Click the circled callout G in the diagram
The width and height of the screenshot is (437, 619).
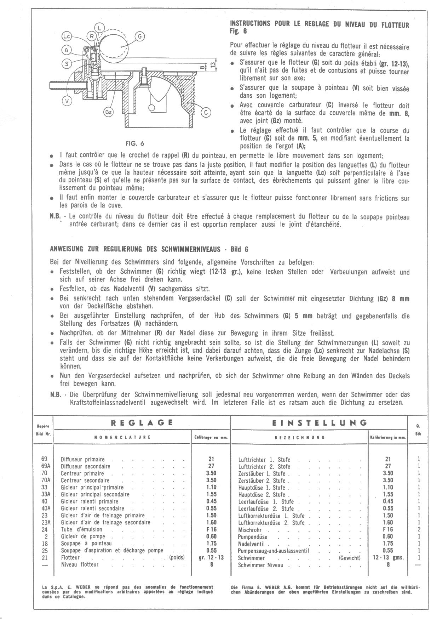(x=139, y=36)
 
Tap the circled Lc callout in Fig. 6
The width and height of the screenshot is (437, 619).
(x=67, y=36)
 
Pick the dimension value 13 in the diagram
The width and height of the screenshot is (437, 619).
(x=212, y=64)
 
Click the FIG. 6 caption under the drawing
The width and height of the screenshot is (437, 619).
(x=135, y=143)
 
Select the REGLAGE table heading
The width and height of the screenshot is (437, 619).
(x=142, y=422)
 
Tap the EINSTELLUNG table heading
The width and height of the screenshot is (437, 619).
(x=320, y=422)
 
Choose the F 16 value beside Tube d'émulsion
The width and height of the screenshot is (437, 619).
(x=211, y=529)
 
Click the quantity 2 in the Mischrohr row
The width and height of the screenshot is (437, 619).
(x=419, y=529)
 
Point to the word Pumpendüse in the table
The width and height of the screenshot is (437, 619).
(x=253, y=536)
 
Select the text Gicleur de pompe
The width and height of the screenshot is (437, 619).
(x=83, y=536)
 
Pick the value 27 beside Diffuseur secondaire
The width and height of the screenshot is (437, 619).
(x=211, y=466)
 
